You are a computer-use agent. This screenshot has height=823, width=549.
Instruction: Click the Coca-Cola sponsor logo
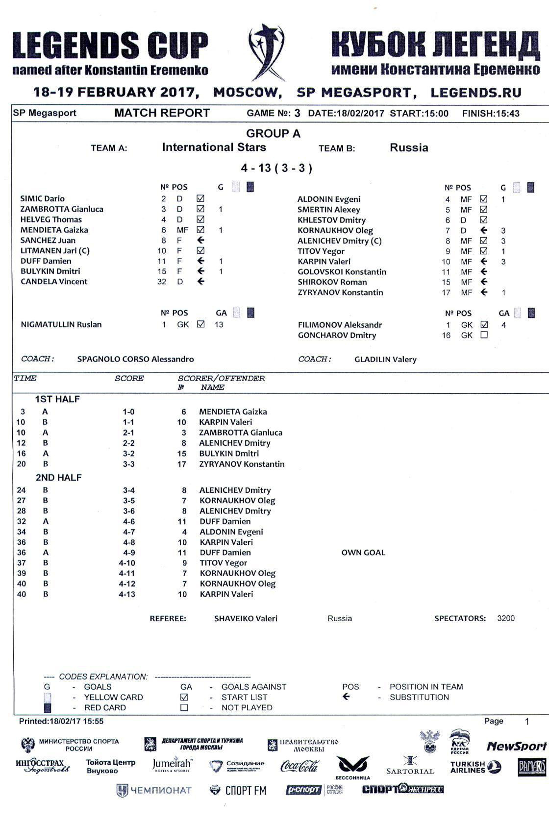(x=299, y=766)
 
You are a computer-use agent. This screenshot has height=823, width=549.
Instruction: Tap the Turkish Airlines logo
(x=475, y=767)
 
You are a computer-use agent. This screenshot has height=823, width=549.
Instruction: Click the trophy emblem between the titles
(x=267, y=51)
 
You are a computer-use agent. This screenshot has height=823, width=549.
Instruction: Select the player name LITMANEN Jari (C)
(x=55, y=251)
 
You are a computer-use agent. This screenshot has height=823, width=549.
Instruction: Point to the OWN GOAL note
(x=363, y=553)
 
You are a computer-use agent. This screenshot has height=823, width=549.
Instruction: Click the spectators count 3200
(x=506, y=618)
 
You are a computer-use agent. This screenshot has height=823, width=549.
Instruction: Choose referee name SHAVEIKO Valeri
(x=246, y=619)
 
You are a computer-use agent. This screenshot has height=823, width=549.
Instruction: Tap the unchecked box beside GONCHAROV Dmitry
(x=484, y=335)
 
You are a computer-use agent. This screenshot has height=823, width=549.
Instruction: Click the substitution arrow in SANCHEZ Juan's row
(x=200, y=240)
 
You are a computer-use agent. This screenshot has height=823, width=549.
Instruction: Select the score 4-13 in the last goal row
(x=127, y=594)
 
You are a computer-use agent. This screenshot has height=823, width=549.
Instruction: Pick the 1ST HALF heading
(x=57, y=399)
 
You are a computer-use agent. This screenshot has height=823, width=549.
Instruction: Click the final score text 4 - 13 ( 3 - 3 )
(x=276, y=168)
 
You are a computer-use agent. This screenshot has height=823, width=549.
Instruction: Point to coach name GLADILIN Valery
(x=385, y=360)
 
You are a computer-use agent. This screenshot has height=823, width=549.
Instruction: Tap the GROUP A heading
(x=273, y=133)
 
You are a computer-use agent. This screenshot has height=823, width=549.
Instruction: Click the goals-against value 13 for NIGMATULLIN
(x=219, y=324)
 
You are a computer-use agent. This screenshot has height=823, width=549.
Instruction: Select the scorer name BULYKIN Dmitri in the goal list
(x=229, y=454)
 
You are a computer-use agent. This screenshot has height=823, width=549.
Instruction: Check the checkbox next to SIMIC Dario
(x=200, y=198)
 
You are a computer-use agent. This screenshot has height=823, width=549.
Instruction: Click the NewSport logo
(x=516, y=747)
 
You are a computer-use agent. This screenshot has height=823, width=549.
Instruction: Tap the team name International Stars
(x=214, y=147)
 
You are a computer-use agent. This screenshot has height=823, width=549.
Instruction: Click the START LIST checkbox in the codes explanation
(x=184, y=697)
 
